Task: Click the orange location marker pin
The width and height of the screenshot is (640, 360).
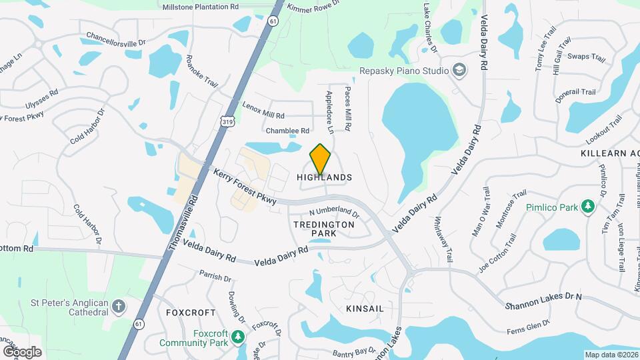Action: click(321, 158)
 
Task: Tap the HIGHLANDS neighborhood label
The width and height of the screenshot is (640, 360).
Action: click(324, 177)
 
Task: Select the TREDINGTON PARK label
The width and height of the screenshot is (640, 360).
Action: click(324, 229)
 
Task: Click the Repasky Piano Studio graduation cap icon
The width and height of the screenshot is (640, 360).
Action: click(459, 70)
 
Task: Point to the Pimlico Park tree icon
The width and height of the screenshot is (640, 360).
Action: click(587, 207)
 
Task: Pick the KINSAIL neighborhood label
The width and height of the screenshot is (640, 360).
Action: click(365, 309)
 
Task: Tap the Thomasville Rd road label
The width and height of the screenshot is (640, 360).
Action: click(183, 223)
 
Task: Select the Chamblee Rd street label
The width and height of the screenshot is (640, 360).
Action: click(287, 131)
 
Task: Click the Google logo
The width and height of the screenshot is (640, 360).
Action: click(22, 351)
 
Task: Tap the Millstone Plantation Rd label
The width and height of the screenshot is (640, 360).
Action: click(200, 7)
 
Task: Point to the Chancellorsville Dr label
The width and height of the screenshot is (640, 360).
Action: click(115, 38)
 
